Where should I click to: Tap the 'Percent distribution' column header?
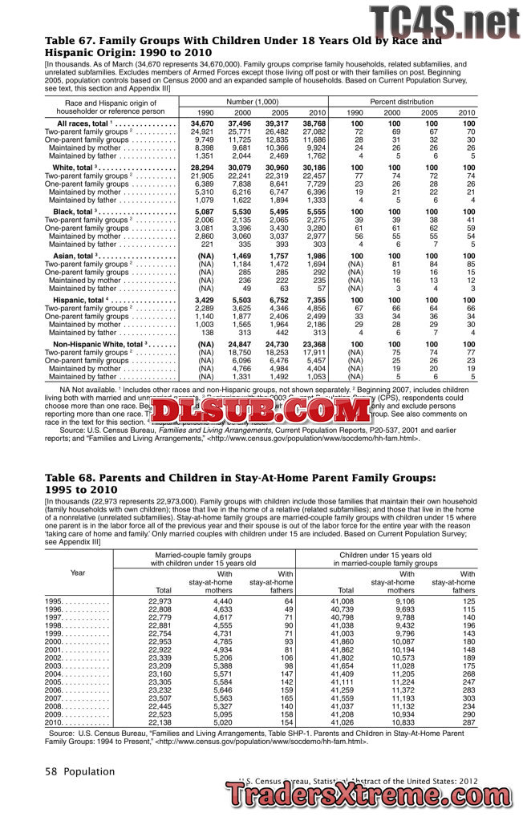[x=412, y=102]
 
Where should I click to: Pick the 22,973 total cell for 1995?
[x=160, y=601]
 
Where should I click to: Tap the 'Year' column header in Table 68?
[x=78, y=572]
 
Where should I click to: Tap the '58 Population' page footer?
[x=80, y=771]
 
